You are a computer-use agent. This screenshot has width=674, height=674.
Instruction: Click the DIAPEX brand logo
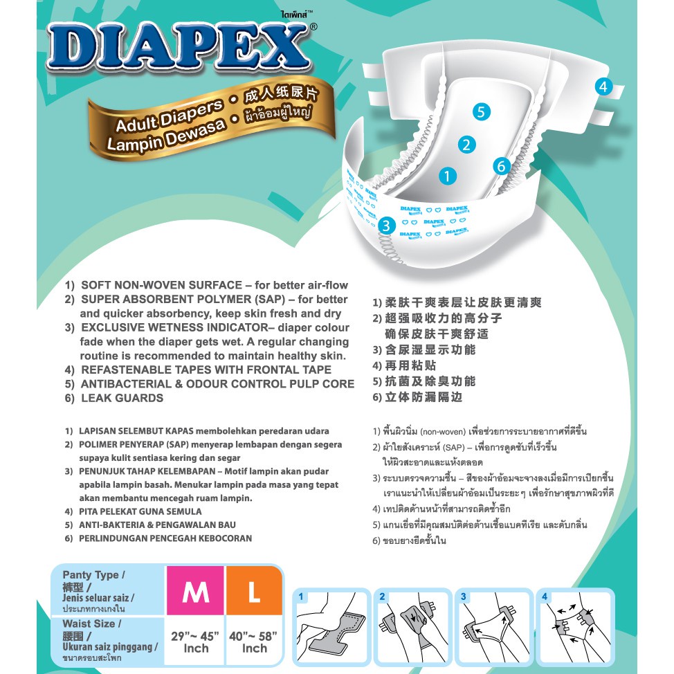[179, 46]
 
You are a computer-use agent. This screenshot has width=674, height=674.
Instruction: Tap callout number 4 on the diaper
[603, 86]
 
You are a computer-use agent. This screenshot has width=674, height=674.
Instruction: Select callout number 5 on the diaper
[481, 112]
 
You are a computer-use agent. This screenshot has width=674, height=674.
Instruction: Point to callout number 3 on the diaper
[386, 225]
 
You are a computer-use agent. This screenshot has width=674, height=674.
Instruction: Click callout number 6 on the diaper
[501, 166]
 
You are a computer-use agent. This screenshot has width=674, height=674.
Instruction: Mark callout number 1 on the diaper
[447, 176]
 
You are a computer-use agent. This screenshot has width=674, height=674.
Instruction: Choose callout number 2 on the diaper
[466, 145]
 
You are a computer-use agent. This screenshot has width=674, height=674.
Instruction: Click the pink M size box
[195, 590]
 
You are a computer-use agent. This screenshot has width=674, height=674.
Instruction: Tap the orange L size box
[254, 590]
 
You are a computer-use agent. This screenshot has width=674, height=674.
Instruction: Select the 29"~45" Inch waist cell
[195, 641]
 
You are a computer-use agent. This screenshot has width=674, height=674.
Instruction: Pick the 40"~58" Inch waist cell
[253, 641]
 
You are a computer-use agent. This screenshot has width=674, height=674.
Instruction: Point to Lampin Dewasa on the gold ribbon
[166, 135]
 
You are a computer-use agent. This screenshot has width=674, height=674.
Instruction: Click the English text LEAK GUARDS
[122, 398]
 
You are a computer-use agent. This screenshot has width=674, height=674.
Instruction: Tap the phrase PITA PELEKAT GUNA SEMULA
[140, 511]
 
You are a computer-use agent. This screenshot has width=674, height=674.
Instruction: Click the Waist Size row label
[109, 641]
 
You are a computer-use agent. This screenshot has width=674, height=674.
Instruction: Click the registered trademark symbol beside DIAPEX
[313, 27]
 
